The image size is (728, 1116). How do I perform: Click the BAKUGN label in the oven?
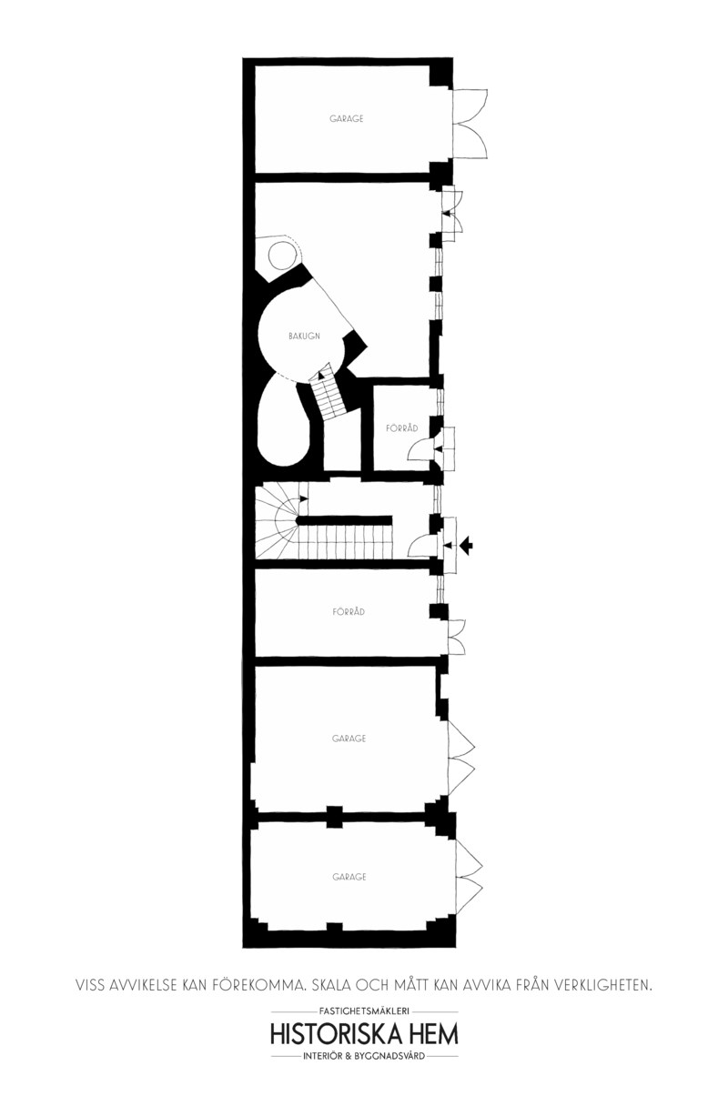304,337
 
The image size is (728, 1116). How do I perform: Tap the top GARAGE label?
346,118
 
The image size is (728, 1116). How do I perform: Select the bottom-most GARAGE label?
349,877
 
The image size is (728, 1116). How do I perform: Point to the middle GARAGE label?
349,738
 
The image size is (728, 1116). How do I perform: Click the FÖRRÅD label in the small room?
402,427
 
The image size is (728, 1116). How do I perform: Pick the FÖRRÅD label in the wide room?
349,611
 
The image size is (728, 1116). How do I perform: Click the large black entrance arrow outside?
466,546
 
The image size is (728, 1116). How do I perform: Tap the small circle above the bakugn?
282,255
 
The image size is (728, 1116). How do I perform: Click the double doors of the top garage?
470,124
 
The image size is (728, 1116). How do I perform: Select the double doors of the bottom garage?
469,877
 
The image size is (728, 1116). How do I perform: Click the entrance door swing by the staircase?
420,546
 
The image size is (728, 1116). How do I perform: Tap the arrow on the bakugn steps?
321,372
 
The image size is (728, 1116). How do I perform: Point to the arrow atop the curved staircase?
302,498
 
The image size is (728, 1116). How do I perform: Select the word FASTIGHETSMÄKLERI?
364,1011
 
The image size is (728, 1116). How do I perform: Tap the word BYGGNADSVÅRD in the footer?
389,1056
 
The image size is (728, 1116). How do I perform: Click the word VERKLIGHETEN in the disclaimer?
602,985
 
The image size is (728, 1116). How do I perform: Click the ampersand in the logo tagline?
348,1056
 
